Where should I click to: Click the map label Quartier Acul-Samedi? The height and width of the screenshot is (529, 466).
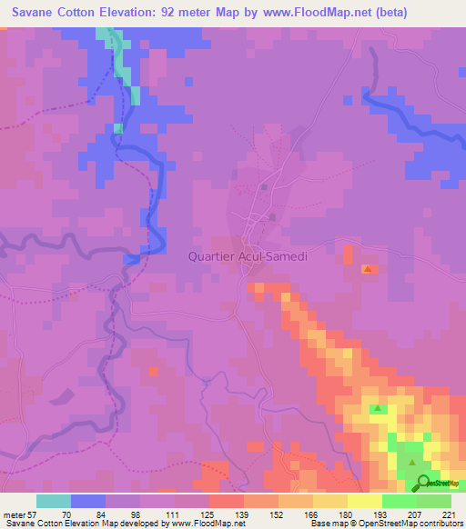pyautogui.click(x=248, y=256)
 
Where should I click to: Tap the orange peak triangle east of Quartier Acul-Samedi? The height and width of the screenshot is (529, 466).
pyautogui.click(x=368, y=269)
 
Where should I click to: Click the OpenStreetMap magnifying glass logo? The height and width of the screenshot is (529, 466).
pyautogui.click(x=423, y=482)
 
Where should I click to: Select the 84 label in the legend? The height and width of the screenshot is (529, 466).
pyautogui.click(x=100, y=514)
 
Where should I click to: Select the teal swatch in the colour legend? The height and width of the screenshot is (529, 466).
pyautogui.click(x=54, y=501)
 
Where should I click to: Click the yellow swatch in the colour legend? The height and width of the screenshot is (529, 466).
pyautogui.click(x=364, y=501)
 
